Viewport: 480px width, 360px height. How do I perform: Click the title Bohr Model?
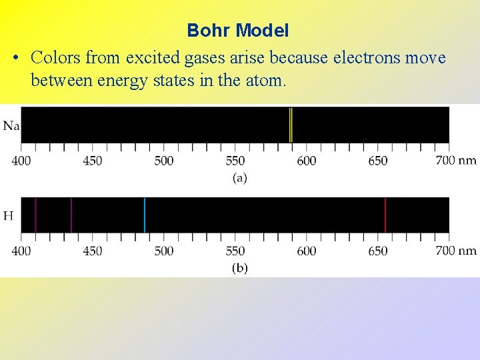pos(238,31)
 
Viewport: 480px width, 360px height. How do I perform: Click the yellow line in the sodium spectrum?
pos(291,125)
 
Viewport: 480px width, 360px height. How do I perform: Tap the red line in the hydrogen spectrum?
pos(385,215)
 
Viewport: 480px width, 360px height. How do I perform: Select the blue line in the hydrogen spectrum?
pos(145,215)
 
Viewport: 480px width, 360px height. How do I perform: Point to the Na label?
pos(11,125)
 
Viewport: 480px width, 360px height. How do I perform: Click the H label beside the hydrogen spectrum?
pos(9,215)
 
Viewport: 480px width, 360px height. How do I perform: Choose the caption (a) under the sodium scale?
pos(239,178)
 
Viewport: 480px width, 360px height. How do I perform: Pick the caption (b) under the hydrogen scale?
pos(239,268)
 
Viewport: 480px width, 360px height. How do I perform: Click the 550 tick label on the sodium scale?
pos(235,161)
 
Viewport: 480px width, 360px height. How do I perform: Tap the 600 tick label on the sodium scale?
pos(307,161)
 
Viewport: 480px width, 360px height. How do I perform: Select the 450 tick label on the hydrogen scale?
pos(93,251)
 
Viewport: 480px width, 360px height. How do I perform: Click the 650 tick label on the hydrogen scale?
pos(378,251)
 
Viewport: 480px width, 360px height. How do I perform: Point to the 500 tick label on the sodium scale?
pos(164,161)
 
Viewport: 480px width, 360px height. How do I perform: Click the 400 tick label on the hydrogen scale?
pos(21,251)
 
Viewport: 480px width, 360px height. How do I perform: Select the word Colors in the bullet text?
pos(55,59)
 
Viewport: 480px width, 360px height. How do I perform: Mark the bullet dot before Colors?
pos(15,59)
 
